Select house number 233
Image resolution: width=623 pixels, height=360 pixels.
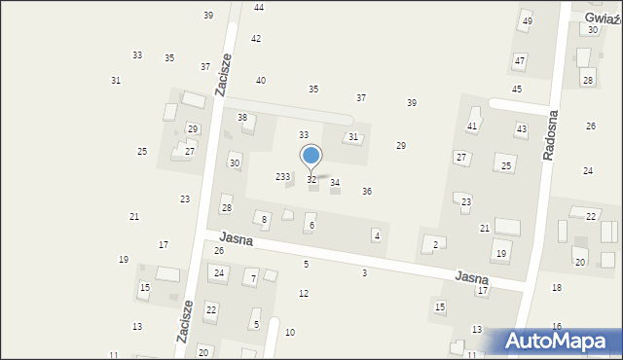282,176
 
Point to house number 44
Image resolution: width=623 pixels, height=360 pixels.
259,7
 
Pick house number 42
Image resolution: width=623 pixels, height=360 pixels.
256,38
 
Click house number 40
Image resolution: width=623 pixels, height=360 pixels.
261,80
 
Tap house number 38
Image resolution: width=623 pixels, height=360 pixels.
242,117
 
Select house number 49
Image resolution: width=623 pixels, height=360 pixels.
527,21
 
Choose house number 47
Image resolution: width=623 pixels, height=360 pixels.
520,60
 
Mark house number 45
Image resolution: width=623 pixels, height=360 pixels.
517,89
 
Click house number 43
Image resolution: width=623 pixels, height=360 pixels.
522,128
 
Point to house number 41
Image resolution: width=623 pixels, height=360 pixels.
472,126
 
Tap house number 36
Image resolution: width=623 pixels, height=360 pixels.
367,191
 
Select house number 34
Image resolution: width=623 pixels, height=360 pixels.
335,182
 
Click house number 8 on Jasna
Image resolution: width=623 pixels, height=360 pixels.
263,220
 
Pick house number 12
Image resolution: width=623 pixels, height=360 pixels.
304,293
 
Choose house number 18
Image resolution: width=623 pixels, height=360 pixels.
557,287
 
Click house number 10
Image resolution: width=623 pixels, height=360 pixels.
290,333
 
